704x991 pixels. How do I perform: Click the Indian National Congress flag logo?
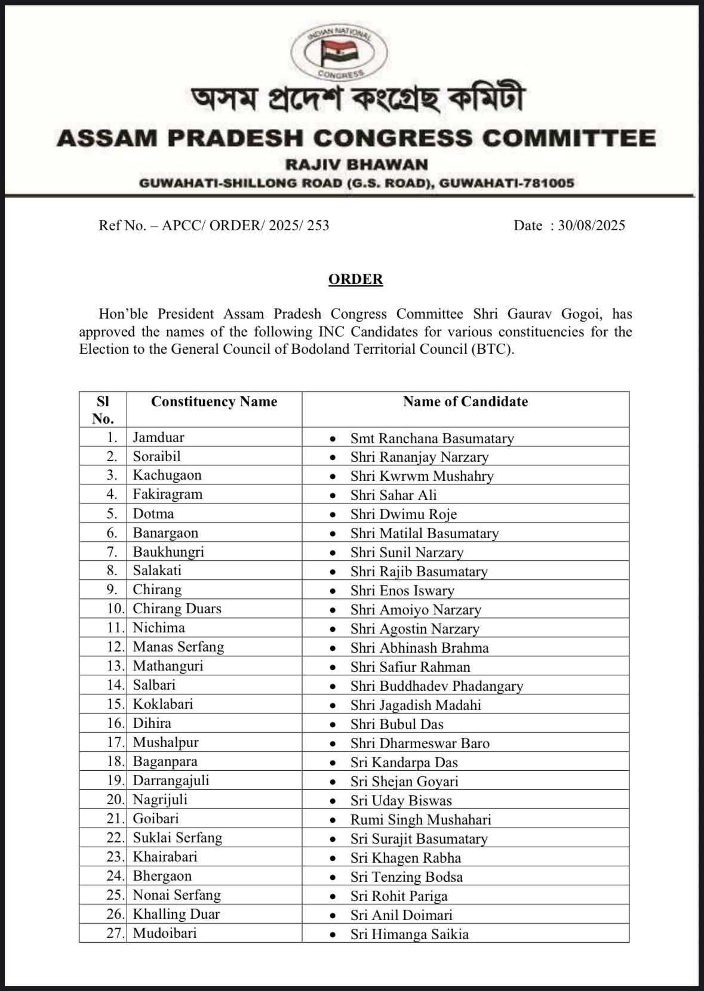pyautogui.click(x=337, y=53)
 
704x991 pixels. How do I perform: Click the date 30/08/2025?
pyautogui.click(x=591, y=226)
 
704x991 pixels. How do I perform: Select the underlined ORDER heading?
pyautogui.click(x=355, y=279)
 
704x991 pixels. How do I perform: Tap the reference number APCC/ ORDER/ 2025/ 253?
pyautogui.click(x=245, y=226)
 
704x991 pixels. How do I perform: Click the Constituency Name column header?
pyautogui.click(x=214, y=402)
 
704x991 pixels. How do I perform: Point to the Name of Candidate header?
pyautogui.click(x=465, y=402)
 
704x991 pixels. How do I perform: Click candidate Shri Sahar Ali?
pyautogui.click(x=393, y=495)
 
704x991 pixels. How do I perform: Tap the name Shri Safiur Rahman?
pyautogui.click(x=410, y=667)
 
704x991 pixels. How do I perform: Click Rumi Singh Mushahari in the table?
pyautogui.click(x=420, y=820)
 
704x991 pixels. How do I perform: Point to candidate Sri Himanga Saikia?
pyautogui.click(x=409, y=934)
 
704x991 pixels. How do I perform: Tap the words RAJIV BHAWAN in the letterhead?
pyautogui.click(x=356, y=164)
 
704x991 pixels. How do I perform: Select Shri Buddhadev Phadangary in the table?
pyautogui.click(x=436, y=686)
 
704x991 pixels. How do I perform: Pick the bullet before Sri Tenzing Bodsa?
pyautogui.click(x=333, y=878)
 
